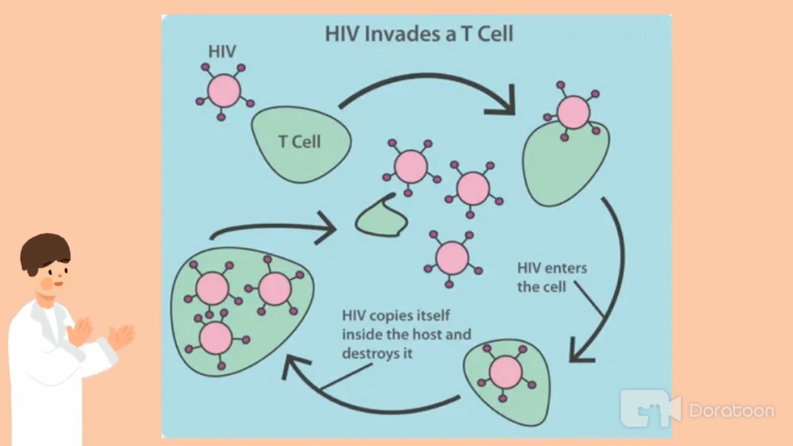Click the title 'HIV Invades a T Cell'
click(419, 33)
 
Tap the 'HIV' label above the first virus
click(222, 51)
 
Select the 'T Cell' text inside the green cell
click(299, 142)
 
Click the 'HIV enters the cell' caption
click(551, 278)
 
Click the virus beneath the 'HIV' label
click(224, 92)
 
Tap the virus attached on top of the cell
click(573, 113)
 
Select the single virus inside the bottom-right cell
click(506, 372)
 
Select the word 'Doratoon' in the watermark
click(731, 411)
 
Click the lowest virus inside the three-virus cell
click(216, 338)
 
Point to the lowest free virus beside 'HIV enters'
click(452, 258)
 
